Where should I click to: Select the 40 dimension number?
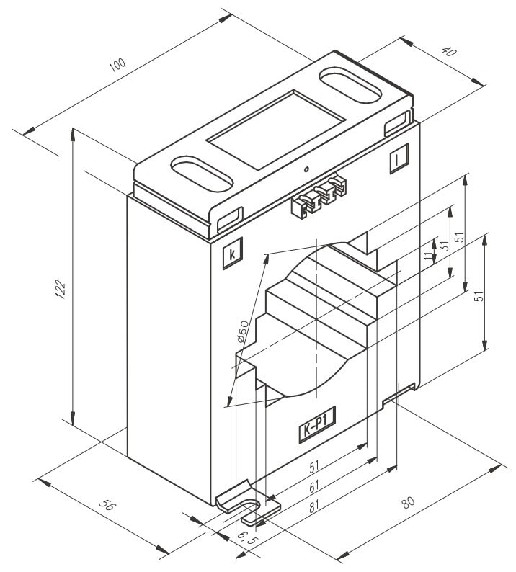(449, 52)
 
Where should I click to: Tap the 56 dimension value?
(105, 506)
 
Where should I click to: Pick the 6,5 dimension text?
(246, 539)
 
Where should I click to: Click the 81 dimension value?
(314, 506)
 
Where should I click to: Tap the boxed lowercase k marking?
(232, 254)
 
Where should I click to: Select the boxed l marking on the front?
(397, 161)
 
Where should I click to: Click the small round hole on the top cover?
(306, 170)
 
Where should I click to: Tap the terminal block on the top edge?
(317, 197)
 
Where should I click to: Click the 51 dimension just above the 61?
(315, 468)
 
